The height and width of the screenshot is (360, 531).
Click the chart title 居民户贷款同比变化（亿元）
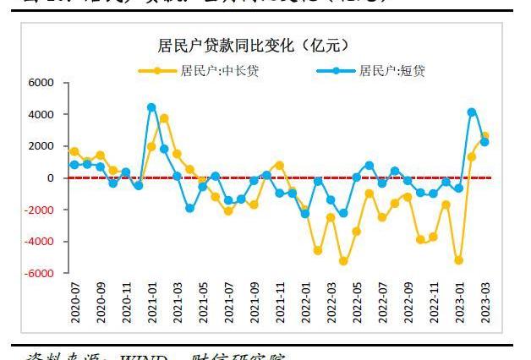tap(254, 45)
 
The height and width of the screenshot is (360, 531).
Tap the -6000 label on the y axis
tap(40, 274)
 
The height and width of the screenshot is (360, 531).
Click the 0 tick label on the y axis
tap(51, 178)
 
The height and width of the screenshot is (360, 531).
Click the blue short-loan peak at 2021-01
tap(151, 107)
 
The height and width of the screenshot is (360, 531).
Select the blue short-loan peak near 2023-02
tap(472, 112)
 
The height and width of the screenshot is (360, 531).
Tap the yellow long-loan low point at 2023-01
tap(459, 260)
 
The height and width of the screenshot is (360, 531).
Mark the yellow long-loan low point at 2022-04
tap(343, 261)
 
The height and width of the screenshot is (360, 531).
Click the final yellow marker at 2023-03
tap(484, 136)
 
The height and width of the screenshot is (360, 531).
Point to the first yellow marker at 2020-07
tap(74, 151)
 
